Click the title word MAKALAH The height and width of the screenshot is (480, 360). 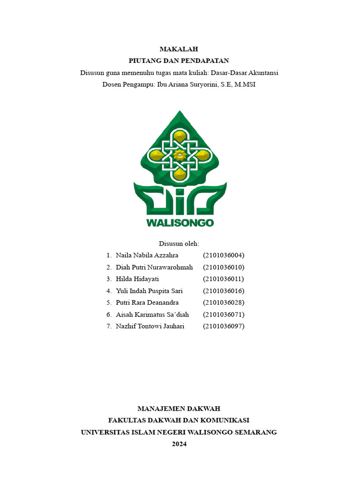pos(179,49)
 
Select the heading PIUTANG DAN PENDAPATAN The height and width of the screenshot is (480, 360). pos(179,60)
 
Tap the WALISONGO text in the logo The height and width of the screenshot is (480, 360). pos(180,222)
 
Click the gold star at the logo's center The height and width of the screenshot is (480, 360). pos(179,155)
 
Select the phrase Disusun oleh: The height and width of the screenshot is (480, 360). pos(179,244)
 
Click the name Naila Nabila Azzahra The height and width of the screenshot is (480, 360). pos(147,255)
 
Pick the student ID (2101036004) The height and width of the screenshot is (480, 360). pos(224,255)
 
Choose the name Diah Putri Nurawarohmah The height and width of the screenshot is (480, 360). pos(154,267)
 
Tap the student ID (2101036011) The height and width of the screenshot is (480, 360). pos(224,279)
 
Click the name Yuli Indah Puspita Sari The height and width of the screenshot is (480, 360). pos(149,291)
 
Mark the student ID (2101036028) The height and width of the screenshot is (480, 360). pos(224,302)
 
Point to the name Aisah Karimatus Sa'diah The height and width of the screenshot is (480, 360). pos(152,314)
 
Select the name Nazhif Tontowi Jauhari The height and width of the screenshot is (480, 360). pos(150,326)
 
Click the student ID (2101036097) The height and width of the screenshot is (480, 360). pos(224,326)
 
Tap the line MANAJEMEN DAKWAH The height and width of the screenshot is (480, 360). pos(179,409)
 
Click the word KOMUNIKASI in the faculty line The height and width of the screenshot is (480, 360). pos(225,420)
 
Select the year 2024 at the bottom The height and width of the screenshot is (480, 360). pos(179,444)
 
